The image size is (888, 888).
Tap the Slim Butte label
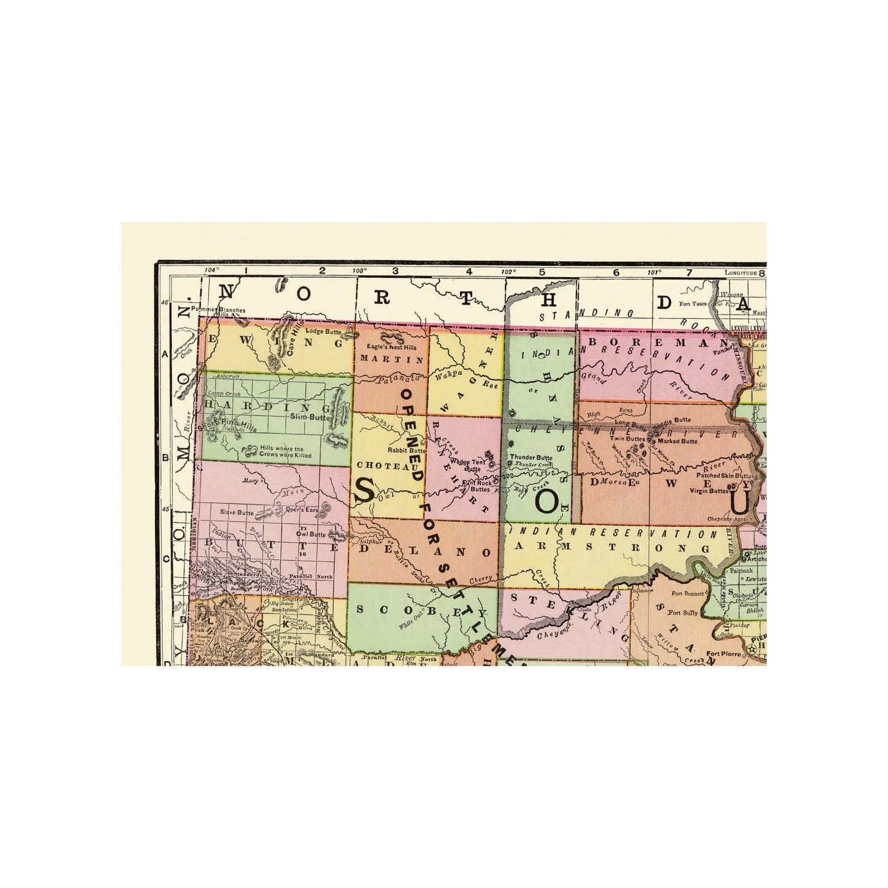point(306,415)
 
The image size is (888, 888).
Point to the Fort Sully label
point(680,613)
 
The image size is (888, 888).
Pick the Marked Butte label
point(677,441)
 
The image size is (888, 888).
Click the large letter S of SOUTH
point(364,490)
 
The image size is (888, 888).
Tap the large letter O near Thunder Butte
point(546,501)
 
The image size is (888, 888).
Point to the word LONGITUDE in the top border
point(741,272)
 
